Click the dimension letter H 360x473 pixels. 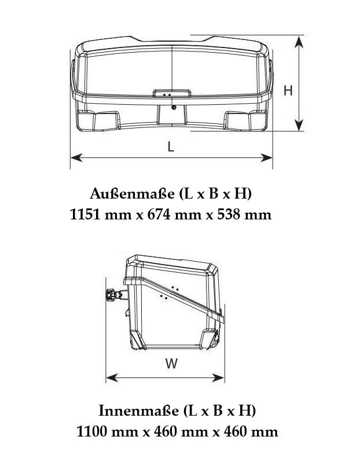click(288, 90)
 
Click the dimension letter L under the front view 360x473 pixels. click(171, 146)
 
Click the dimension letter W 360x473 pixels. click(171, 363)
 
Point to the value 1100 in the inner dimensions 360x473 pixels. click(91, 432)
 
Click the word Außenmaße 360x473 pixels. click(132, 194)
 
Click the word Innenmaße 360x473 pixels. click(139, 410)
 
